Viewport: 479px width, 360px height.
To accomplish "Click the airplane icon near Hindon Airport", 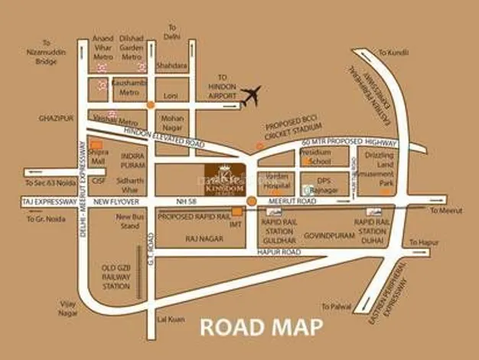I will pos(249,97).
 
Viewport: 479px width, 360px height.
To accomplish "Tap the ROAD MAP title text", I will pos(261,327).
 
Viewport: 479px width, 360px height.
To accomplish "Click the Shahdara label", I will pos(172,66).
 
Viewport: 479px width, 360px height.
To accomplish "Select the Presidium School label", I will pos(316,156).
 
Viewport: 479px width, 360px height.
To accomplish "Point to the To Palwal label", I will pos(336,306).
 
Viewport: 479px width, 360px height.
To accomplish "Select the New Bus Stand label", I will pos(129,222).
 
